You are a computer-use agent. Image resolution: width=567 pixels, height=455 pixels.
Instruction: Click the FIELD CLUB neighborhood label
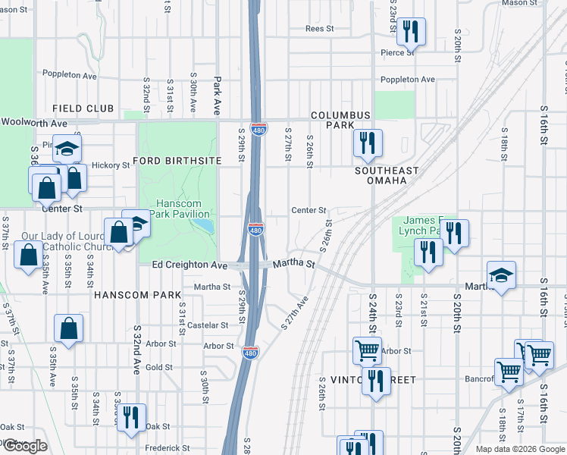(x=83, y=109)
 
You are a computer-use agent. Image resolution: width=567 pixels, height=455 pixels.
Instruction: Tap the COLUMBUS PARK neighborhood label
(x=340, y=120)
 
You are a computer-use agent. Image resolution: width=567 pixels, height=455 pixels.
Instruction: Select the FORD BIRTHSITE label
(x=177, y=161)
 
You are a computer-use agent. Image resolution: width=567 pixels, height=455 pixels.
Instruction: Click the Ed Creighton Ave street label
(x=190, y=265)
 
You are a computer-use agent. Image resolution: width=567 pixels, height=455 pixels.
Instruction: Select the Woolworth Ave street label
(x=33, y=123)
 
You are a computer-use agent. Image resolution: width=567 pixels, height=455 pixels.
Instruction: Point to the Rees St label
(x=319, y=29)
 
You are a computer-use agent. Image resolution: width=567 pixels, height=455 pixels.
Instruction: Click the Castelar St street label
(x=208, y=325)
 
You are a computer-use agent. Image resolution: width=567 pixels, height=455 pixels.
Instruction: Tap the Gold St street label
(x=159, y=367)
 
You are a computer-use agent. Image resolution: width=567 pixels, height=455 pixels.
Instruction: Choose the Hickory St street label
(x=111, y=165)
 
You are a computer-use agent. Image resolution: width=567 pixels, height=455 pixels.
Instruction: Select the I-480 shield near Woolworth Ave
(x=258, y=129)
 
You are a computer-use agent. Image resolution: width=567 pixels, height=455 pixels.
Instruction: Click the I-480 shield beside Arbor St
(x=249, y=353)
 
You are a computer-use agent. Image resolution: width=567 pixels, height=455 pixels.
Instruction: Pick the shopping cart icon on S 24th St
(x=367, y=350)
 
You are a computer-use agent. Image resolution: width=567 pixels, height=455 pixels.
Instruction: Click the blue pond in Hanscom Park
(x=204, y=225)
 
